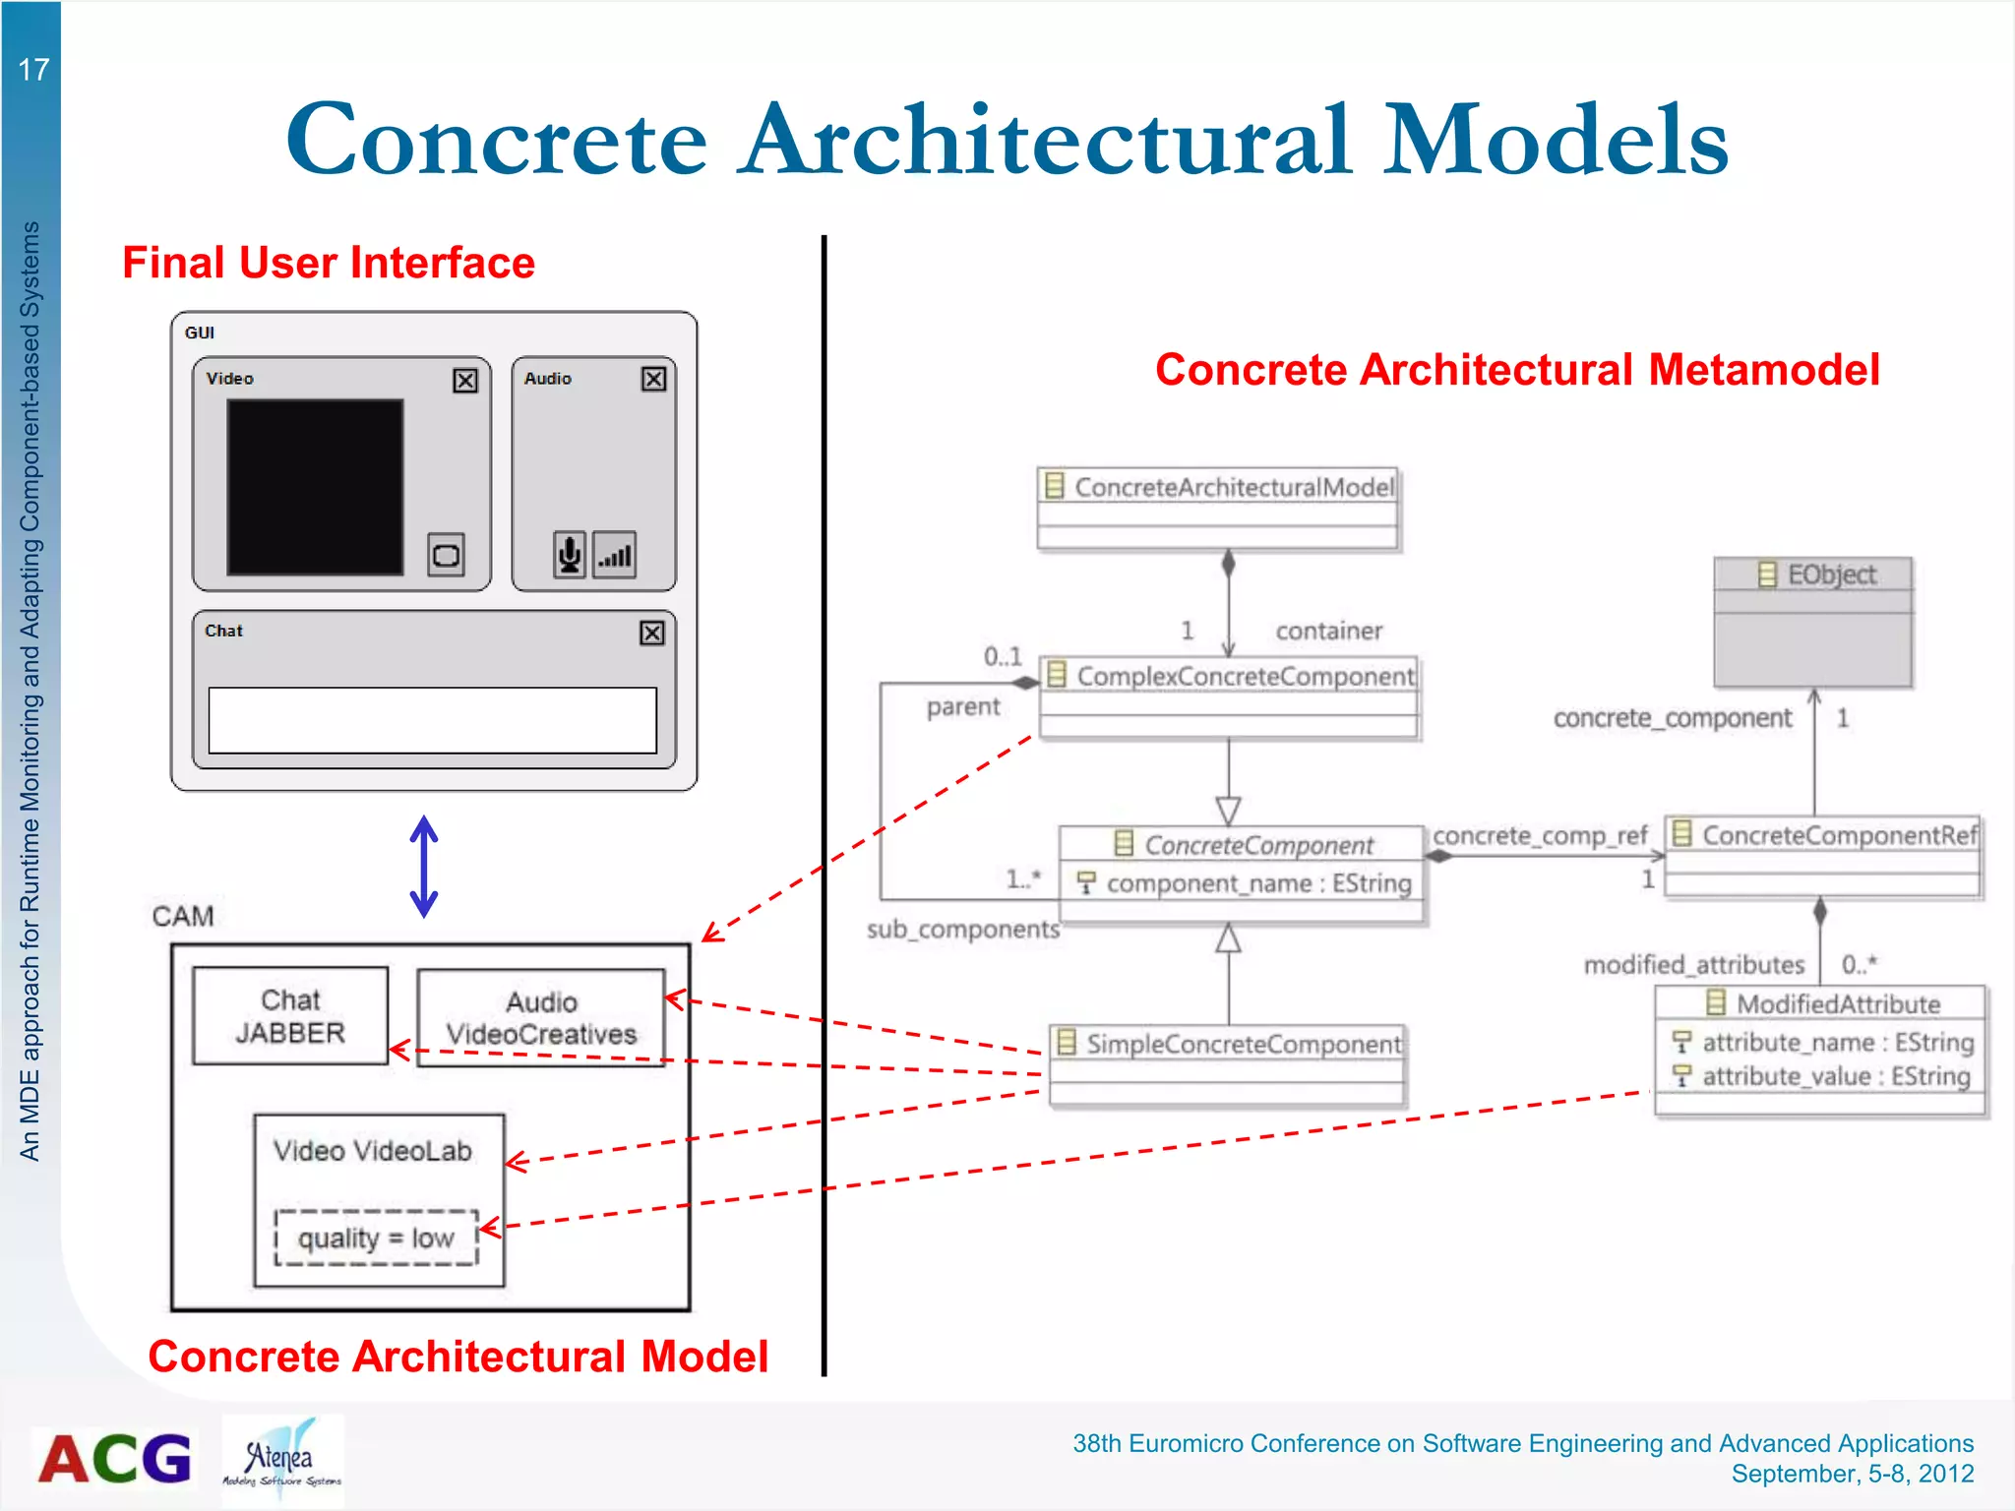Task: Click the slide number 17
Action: click(33, 70)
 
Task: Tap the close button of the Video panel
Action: click(465, 381)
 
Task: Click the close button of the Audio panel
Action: click(653, 380)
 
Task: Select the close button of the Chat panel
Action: click(652, 633)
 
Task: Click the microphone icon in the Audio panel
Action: click(569, 555)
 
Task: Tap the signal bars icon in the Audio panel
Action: click(615, 555)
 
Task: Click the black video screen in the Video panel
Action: click(315, 487)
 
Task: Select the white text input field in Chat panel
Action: click(433, 720)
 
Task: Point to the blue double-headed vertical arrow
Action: click(424, 866)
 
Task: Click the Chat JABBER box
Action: click(290, 1016)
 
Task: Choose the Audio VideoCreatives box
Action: click(541, 1018)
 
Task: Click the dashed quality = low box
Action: click(376, 1238)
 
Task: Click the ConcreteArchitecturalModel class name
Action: click(1234, 487)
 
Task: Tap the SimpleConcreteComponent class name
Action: click(1243, 1044)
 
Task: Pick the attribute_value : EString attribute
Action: click(1836, 1076)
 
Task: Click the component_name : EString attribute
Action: click(1258, 883)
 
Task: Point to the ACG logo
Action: click(115, 1458)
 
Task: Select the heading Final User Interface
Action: click(329, 264)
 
